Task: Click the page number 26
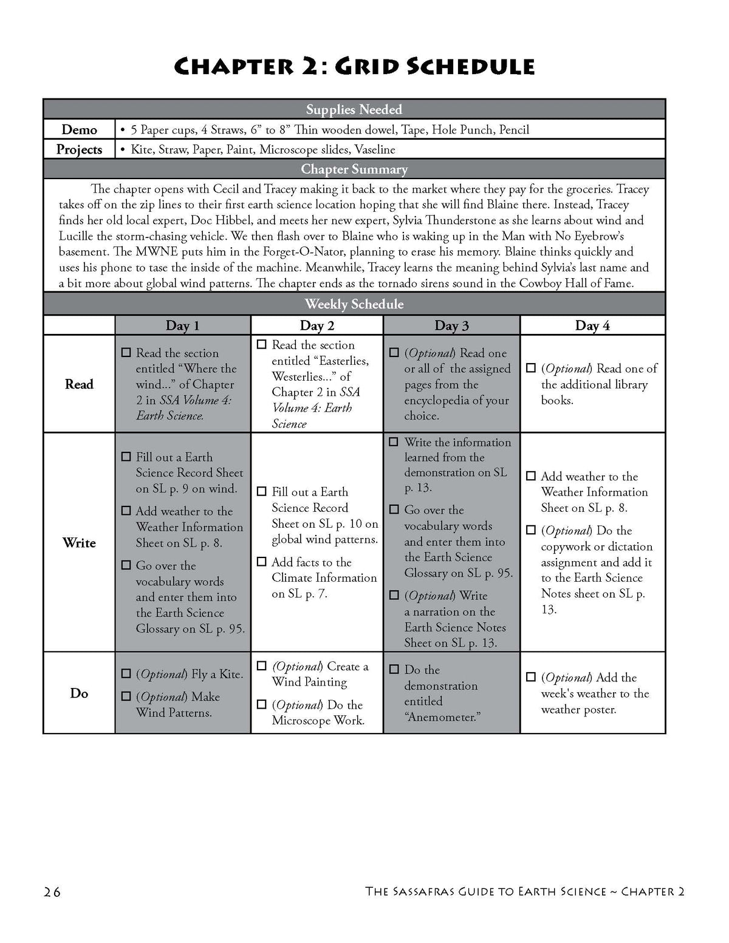pos(52,892)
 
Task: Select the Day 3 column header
pos(451,325)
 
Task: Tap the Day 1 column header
pos(182,325)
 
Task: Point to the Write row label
pos(79,542)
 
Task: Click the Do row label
pos(79,693)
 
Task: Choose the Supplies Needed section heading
pos(354,109)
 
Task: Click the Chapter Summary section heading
pos(354,169)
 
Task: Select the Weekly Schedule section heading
pos(354,304)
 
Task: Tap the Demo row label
pos(79,129)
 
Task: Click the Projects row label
pos(79,149)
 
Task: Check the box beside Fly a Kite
pos(126,673)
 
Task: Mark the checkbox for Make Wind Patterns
pos(126,696)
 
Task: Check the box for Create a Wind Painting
pos(262,666)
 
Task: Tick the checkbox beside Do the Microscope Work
pos(262,704)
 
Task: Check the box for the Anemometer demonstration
pos(394,669)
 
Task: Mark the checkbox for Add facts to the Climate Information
pos(262,562)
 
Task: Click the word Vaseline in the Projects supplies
pos(375,149)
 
